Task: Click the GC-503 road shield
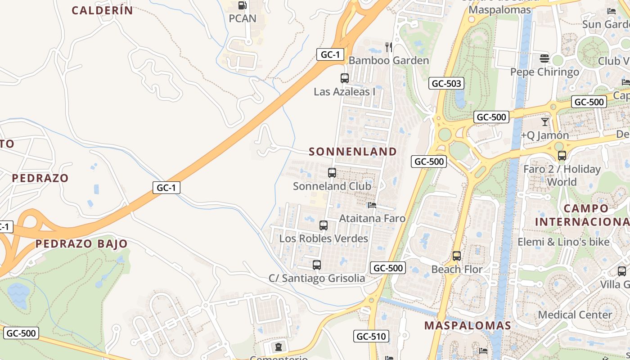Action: coord(446,83)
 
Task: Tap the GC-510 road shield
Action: coord(371,336)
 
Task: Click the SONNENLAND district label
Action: coord(353,152)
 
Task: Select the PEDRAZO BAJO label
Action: coord(81,244)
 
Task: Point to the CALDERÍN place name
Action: coord(103,10)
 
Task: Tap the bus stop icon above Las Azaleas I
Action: coord(345,78)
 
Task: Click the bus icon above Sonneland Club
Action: coord(332,173)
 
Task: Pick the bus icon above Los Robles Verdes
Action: coord(324,225)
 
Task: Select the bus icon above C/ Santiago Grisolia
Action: coord(317,265)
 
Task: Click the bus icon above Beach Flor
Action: coord(457,256)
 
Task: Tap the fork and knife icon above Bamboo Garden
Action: coord(389,47)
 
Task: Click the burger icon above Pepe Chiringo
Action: coord(544,58)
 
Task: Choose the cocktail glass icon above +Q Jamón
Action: coord(545,121)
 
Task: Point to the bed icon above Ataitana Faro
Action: coord(372,205)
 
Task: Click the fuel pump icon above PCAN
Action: coord(243,5)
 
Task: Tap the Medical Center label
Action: coord(575,315)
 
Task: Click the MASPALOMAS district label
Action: coord(468,325)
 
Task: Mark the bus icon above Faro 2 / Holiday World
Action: coord(562,156)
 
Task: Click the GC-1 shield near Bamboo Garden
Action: coord(330,55)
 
